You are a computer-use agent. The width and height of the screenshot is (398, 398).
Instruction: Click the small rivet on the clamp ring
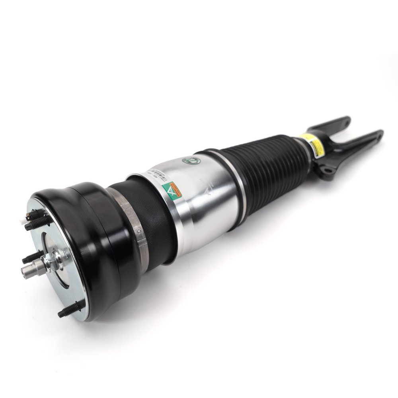click(x=138, y=231)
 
